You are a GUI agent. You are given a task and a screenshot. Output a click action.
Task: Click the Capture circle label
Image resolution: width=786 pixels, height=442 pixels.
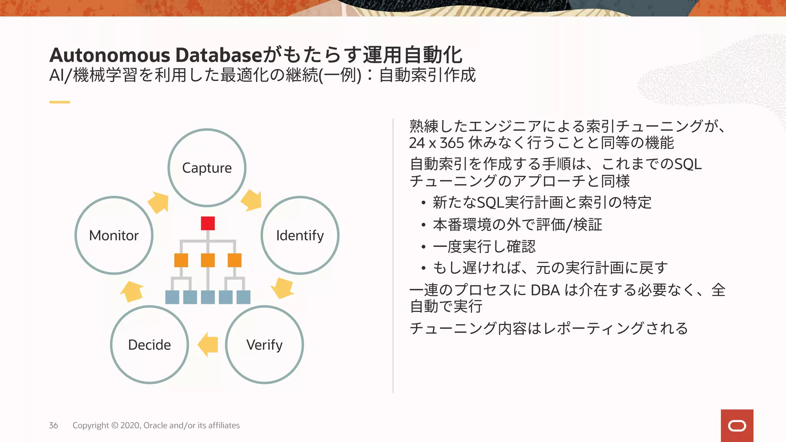coord(207,168)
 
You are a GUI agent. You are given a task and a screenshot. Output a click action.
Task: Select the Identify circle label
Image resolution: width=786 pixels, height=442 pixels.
coord(300,236)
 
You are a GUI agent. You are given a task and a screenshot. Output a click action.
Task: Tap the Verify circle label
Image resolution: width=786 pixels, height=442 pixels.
coord(264,345)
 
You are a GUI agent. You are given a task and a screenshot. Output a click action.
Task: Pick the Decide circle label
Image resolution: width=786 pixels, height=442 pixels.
coord(149,345)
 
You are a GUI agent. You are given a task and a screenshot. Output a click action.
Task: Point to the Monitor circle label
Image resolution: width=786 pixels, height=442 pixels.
coord(114,236)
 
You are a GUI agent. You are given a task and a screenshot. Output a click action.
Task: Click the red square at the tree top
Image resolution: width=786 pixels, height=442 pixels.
coord(208,223)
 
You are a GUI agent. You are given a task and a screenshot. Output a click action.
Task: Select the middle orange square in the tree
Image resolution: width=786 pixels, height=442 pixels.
coord(208,260)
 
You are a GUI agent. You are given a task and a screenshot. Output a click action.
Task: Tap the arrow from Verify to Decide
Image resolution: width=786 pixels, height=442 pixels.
coord(208,345)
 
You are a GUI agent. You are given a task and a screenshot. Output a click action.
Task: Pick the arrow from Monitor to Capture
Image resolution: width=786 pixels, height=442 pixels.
coord(159,202)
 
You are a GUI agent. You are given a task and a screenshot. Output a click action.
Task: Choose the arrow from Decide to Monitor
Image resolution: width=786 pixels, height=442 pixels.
coord(132,292)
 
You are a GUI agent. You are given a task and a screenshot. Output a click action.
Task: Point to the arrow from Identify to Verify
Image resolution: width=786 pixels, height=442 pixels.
coord(282,288)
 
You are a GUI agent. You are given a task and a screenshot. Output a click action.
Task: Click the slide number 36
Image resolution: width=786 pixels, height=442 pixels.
coord(53,426)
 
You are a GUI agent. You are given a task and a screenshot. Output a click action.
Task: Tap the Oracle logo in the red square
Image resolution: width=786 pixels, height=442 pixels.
coord(737,426)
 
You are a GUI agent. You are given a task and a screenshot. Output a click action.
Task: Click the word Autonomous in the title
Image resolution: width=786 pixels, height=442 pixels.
coord(110,55)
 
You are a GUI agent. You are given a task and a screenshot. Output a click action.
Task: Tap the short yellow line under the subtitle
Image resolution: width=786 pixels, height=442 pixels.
coord(59,102)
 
